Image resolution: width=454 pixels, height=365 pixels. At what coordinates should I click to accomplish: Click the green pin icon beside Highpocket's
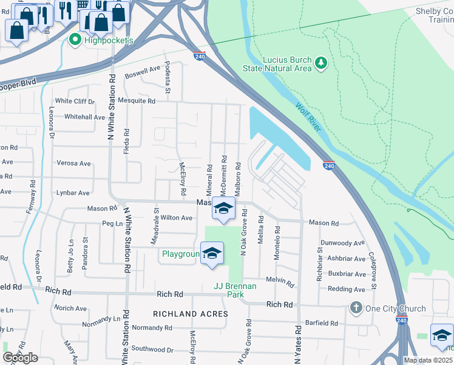tap(75, 40)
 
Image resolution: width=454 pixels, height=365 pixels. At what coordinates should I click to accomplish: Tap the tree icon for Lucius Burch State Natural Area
tap(321, 63)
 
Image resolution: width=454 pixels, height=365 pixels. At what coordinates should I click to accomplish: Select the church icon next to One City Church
tap(356, 308)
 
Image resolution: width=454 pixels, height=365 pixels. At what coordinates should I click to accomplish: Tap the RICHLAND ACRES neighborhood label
tap(191, 314)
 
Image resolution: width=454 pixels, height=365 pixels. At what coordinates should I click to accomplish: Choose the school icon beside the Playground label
tap(212, 254)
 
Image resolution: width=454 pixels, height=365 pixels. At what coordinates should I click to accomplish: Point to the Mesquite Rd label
tap(138, 101)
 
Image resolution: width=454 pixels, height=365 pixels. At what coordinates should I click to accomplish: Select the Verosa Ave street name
tap(73, 164)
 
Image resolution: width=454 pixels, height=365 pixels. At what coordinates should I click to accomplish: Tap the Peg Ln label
tap(112, 224)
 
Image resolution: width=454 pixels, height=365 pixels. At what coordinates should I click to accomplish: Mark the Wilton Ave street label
tap(176, 218)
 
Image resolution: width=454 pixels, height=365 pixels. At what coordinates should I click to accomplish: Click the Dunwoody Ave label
tap(342, 243)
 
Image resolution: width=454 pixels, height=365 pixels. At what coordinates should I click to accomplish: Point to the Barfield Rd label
tap(320, 323)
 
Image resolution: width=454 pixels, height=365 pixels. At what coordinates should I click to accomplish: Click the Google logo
tap(21, 358)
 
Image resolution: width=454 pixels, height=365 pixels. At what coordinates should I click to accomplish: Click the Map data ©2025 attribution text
tap(427, 360)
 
